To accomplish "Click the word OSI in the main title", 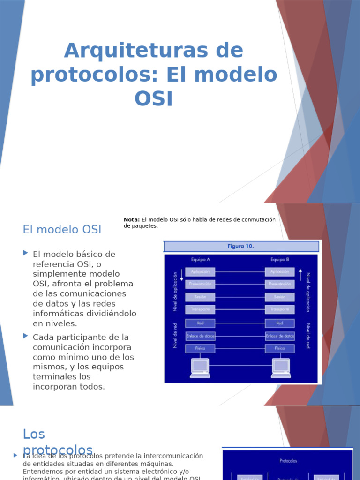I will pos(154,99).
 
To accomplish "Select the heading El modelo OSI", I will pos(62,230).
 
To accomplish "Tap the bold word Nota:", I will pos(132,219).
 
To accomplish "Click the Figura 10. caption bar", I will pos(241,246).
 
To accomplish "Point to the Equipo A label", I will pos(201,259).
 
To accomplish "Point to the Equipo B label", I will pos(280,259).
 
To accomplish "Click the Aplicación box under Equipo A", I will pos(201,272).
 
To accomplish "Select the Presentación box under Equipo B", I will pos(280,284).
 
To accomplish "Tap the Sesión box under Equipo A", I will pos(201,297).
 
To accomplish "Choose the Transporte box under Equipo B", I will pos(280,309).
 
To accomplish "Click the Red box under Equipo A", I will pos(201,323).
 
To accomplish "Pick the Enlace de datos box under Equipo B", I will pos(280,336).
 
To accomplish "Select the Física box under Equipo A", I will pos(201,348).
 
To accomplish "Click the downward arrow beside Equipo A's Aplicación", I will pos(182,275).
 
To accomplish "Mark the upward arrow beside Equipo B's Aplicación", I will pos(300,272).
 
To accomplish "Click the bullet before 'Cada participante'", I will pos(26,336).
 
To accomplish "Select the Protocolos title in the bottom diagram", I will pos(288,461).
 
